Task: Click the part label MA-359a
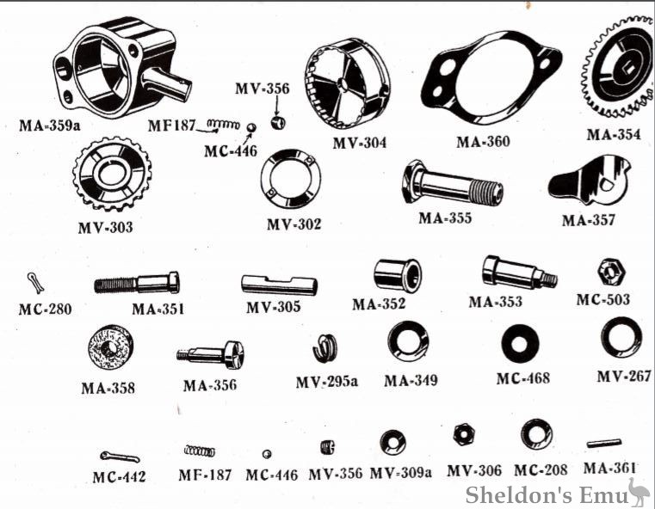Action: (x=49, y=126)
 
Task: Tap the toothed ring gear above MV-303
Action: (x=112, y=173)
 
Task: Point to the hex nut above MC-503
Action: (x=611, y=273)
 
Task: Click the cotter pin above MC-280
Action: (x=35, y=282)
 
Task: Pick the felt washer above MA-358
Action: (x=111, y=346)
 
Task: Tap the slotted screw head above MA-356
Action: (x=234, y=354)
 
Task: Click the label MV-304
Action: (x=359, y=143)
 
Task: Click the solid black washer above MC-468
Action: (x=520, y=344)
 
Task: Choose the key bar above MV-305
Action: (x=279, y=285)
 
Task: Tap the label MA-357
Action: (x=589, y=220)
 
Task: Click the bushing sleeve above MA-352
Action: (x=398, y=275)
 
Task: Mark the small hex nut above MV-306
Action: (x=463, y=434)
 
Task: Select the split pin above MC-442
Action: (x=120, y=457)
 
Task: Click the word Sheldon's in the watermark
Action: (x=519, y=495)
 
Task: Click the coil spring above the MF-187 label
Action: (x=200, y=451)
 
